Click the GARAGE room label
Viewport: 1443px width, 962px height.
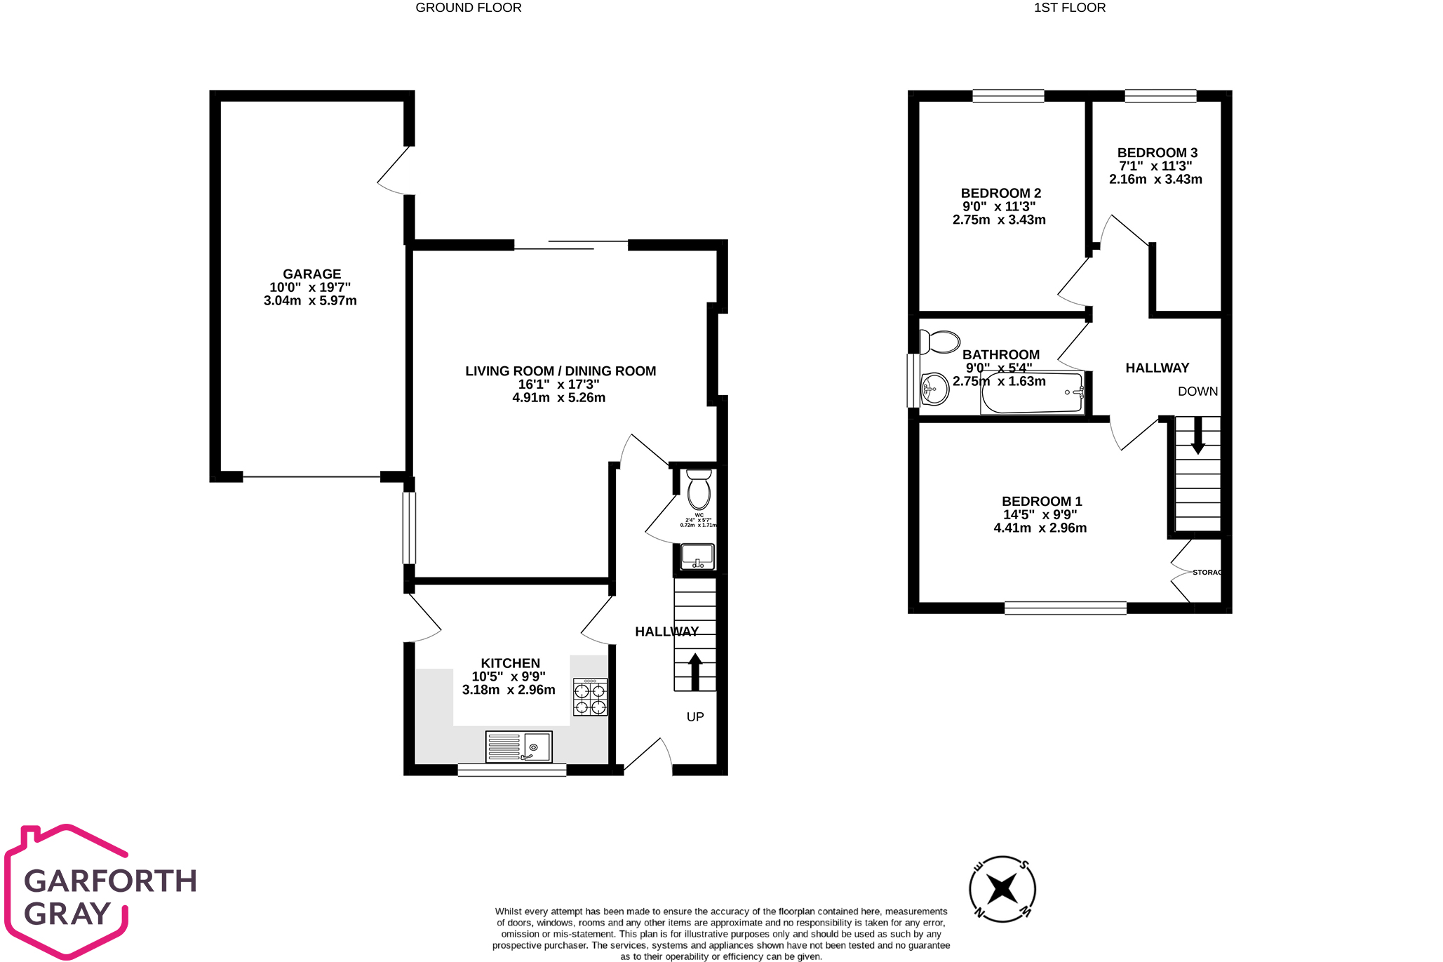[311, 274]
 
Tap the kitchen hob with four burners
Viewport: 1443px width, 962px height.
[590, 697]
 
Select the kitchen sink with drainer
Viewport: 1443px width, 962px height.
[519, 747]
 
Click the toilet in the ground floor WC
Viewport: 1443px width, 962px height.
[699, 490]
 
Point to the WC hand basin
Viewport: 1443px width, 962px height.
[697, 557]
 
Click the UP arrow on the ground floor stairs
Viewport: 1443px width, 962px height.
[695, 672]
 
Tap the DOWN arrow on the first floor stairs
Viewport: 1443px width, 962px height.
[1197, 435]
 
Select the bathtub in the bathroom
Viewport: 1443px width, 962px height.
[1032, 394]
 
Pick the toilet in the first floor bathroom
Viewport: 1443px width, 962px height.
[940, 342]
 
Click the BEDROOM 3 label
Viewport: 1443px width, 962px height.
[1157, 153]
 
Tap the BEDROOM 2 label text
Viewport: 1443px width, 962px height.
[1000, 193]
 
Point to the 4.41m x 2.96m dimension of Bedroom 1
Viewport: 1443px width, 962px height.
[1040, 528]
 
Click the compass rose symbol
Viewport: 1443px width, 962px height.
[1002, 889]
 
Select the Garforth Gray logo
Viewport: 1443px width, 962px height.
[101, 892]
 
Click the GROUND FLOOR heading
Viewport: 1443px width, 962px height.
[469, 8]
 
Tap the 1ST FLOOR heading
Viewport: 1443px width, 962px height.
[1069, 8]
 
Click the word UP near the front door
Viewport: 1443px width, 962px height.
[695, 717]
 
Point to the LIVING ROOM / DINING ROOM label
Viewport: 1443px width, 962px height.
[561, 371]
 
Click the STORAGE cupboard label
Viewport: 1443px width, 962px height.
[1207, 573]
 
